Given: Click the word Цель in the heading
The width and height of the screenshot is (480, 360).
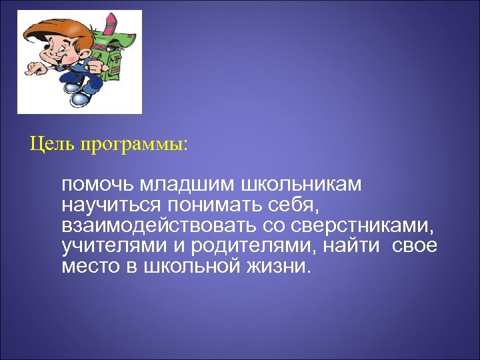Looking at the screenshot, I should click(x=51, y=145).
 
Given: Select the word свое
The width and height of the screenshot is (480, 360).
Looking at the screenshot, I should click(x=415, y=247).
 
